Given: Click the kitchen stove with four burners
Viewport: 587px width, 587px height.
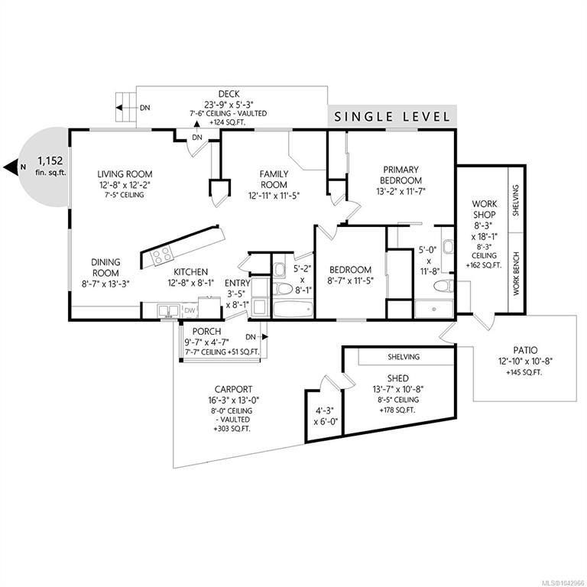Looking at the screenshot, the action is coord(162,256).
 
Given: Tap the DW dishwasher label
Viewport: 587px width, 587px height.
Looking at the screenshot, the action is coord(190,310).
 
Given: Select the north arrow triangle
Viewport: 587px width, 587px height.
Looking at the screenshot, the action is coord(11,167).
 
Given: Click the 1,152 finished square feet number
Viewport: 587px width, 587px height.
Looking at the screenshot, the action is coord(50,161).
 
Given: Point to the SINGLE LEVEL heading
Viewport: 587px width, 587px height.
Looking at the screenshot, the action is coord(392,117).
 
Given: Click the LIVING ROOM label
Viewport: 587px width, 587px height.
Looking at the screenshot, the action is coord(125,174).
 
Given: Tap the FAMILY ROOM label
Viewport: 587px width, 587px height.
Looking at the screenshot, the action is coord(274,180).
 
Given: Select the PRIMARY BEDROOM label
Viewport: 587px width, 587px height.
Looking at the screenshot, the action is coord(401,175).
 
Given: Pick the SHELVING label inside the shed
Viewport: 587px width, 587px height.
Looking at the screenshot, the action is coord(404,357).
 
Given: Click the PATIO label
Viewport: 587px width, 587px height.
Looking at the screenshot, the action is coord(525,350).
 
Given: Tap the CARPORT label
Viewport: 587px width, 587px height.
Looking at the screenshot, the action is coord(234,389).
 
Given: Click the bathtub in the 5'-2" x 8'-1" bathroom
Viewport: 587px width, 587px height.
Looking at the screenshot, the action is coord(293,310).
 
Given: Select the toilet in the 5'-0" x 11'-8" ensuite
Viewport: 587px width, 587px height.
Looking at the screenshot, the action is coord(443,287).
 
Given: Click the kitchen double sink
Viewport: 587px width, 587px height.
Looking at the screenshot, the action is coord(168,311).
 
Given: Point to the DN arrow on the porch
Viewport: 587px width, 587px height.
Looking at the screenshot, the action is coord(264,337).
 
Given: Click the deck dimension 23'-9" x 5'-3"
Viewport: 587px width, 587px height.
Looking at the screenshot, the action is coord(229,105).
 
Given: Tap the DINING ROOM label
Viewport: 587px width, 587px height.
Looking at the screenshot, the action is coord(106,268).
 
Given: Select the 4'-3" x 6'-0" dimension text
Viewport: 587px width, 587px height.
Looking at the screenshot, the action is coord(326,416).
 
